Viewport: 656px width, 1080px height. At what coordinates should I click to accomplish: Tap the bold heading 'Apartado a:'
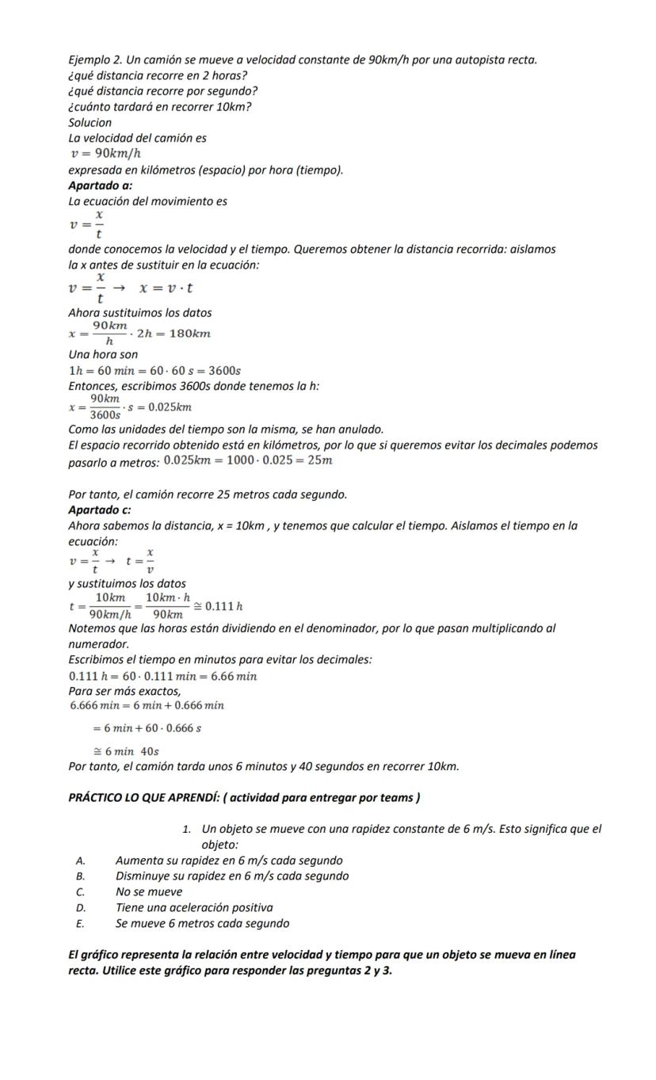100,185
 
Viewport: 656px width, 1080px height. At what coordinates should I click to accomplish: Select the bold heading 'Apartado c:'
100,509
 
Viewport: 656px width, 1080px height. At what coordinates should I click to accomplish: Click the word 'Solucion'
90,123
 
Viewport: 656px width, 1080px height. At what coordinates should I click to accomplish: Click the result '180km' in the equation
193,334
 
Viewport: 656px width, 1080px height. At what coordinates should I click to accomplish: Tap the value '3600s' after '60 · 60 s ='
224,371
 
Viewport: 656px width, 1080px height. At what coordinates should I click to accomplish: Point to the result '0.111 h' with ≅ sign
223,606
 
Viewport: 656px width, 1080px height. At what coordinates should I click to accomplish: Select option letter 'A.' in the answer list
80,861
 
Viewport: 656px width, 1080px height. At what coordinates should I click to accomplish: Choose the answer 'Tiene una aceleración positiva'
194,907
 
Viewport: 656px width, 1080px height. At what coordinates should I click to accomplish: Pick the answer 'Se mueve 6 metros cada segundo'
202,923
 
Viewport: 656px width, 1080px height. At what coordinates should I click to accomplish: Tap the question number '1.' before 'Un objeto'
186,830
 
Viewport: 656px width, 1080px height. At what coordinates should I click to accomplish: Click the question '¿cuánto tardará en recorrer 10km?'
160,107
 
